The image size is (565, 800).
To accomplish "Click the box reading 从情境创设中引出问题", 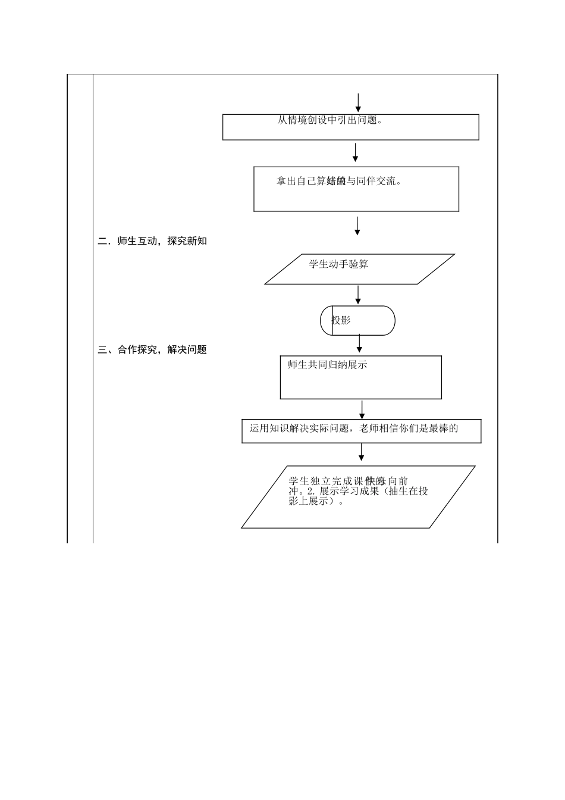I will click(x=350, y=127).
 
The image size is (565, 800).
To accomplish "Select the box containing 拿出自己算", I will click(x=356, y=189).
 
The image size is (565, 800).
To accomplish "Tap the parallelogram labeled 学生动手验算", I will click(x=359, y=269).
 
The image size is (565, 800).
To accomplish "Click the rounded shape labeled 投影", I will click(x=357, y=321).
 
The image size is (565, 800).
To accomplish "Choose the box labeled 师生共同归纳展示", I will click(x=360, y=377).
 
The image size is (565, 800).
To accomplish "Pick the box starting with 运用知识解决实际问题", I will click(x=361, y=431).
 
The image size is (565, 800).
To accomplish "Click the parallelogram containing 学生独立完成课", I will click(x=358, y=497).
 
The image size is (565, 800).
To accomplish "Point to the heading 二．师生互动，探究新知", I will click(x=152, y=241).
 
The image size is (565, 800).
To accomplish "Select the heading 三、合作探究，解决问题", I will click(x=152, y=350).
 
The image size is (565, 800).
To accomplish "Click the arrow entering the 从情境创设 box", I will click(x=358, y=102).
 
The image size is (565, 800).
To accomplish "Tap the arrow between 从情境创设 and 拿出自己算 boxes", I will click(x=355, y=152).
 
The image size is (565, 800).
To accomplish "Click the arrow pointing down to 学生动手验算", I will click(x=357, y=226).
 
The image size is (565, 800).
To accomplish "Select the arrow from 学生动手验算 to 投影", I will click(x=358, y=295).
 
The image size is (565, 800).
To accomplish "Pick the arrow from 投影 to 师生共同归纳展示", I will click(x=359, y=343).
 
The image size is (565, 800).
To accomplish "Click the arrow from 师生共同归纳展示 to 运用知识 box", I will click(x=362, y=410).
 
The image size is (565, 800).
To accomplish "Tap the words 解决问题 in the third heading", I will click(x=187, y=350).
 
